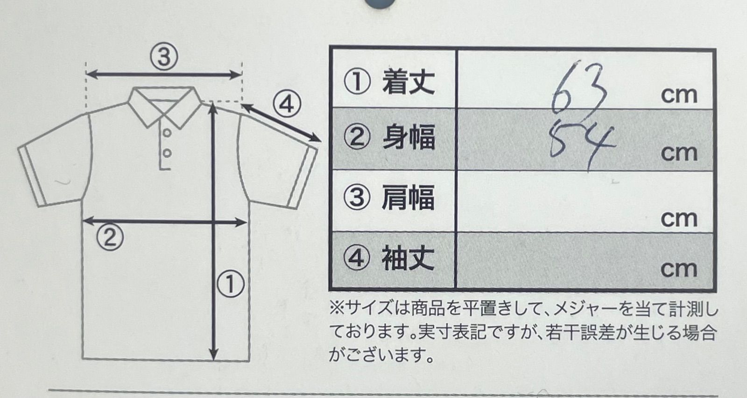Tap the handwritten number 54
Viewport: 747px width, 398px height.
point(582,144)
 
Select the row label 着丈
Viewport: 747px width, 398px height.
point(408,82)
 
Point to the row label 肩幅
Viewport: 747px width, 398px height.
point(408,198)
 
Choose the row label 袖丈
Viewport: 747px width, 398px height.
point(408,258)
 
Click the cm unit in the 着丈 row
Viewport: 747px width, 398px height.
point(679,96)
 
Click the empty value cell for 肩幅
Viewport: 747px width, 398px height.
point(585,201)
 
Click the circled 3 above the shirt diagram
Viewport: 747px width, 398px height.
point(164,57)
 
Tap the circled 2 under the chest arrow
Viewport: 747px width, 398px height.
point(110,237)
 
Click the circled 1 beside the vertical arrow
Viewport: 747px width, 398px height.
point(231,284)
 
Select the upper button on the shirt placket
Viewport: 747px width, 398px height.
point(167,133)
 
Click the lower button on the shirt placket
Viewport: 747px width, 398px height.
point(167,153)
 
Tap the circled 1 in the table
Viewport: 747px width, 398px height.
point(357,82)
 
